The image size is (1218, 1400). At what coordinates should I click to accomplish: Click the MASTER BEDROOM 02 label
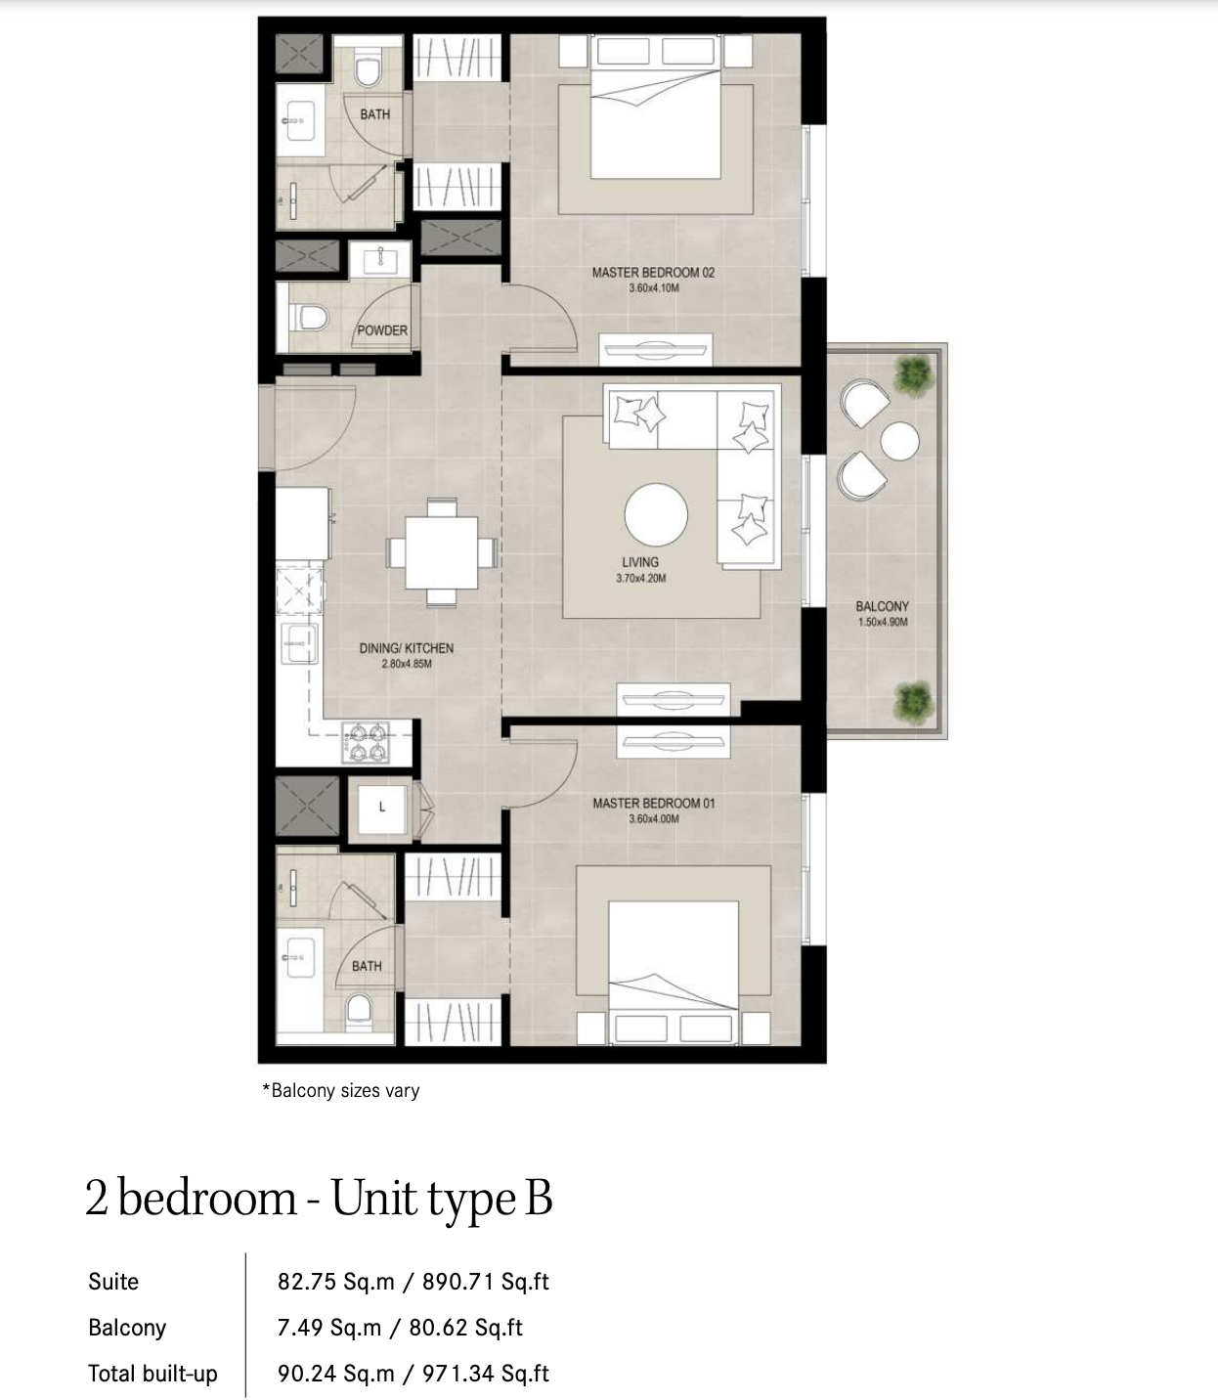click(x=653, y=273)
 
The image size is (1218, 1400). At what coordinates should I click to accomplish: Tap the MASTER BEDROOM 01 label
click(x=653, y=803)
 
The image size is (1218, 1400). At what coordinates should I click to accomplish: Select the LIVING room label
click(x=640, y=562)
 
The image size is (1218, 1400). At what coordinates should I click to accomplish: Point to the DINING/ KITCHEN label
click(x=407, y=648)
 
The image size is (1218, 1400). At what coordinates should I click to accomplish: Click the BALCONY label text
click(x=882, y=606)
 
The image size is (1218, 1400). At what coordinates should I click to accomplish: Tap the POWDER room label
click(x=382, y=330)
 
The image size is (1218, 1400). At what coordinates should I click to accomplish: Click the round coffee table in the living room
click(x=656, y=515)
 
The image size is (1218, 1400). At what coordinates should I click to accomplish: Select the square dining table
click(x=442, y=552)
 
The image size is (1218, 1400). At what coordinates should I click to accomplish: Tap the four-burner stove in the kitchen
click(x=366, y=742)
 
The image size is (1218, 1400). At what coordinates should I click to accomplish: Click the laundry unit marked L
click(x=382, y=809)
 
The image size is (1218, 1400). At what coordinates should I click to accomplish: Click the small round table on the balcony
click(x=899, y=441)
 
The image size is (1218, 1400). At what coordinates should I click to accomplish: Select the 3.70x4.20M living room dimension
click(x=640, y=578)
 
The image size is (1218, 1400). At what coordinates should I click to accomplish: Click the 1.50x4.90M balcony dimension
click(x=883, y=622)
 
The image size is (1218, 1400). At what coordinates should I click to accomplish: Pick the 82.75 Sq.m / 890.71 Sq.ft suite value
click(x=413, y=1281)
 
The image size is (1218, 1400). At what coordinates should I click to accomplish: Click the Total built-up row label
click(x=152, y=1374)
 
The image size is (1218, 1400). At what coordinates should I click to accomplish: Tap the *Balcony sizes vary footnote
click(x=341, y=1090)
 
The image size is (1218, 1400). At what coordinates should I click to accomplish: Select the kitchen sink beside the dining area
click(x=300, y=643)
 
